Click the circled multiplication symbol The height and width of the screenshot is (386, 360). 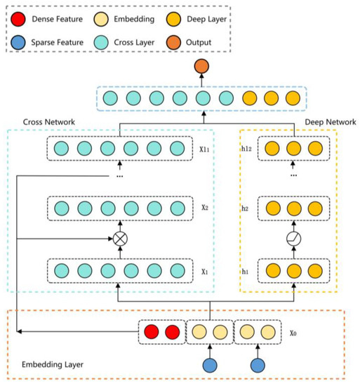pos(121,239)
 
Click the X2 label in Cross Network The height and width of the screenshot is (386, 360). pos(205,208)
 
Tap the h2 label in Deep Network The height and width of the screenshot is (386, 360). pos(246,208)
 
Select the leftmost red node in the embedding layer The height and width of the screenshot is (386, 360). pos(149,331)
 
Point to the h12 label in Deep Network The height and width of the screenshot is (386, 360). pos(246,149)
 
